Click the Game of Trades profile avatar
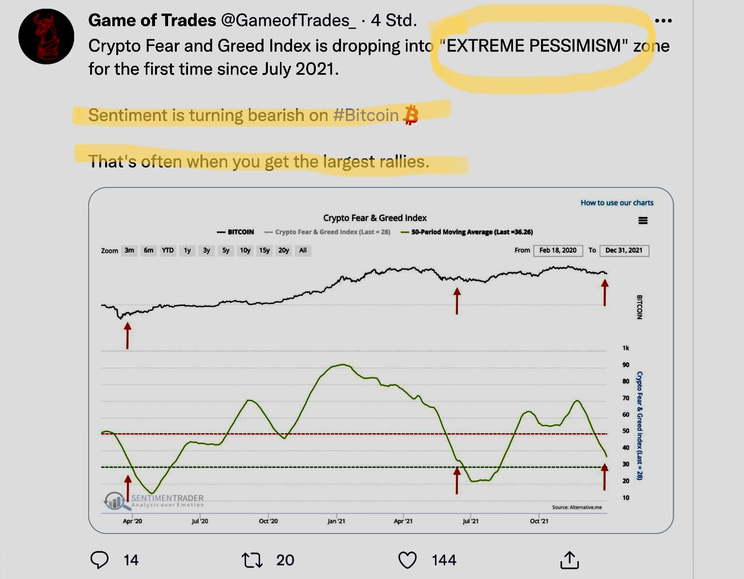[x=46, y=36]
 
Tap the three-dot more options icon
[x=663, y=21]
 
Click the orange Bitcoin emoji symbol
[x=411, y=115]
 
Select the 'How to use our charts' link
[x=617, y=202]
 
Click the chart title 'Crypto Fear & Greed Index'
[x=374, y=218]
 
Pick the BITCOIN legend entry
[x=236, y=232]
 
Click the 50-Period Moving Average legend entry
[x=467, y=232]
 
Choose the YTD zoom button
[x=168, y=250]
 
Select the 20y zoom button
[x=283, y=250]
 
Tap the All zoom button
[x=303, y=250]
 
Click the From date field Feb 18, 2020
[x=558, y=250]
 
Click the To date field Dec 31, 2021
[x=623, y=250]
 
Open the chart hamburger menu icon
[x=643, y=221]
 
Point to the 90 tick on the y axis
[x=626, y=365]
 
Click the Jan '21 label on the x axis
[x=336, y=521]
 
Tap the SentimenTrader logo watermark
[x=154, y=500]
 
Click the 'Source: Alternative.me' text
[x=576, y=507]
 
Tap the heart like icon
[x=407, y=560]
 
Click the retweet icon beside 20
[x=252, y=560]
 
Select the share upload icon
[x=569, y=560]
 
